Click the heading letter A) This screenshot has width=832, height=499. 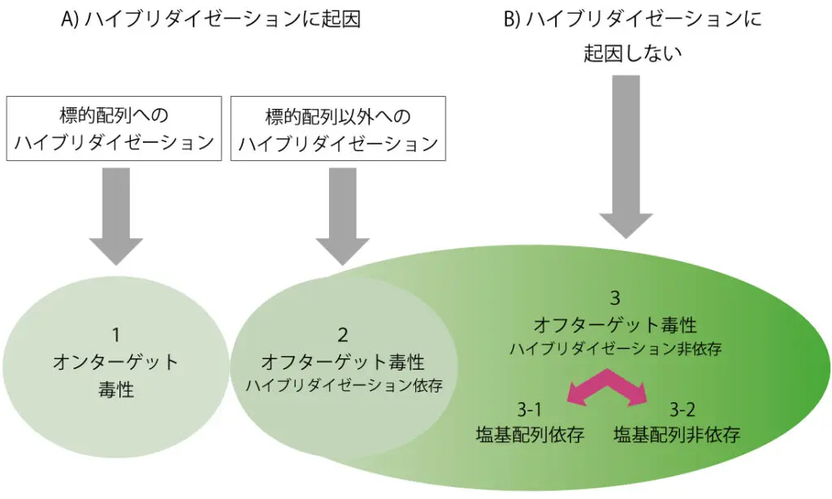tap(70, 19)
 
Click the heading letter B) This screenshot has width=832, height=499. tap(512, 19)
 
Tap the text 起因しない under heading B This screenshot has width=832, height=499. tap(632, 53)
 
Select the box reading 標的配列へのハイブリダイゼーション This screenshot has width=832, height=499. tap(114, 128)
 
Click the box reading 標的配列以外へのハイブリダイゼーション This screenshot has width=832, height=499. tap(338, 128)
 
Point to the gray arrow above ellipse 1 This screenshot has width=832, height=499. tap(116, 216)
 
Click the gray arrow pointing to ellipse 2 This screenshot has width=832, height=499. tap(343, 216)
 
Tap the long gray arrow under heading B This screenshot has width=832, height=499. tap(626, 157)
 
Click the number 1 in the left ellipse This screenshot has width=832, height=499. tap(116, 336)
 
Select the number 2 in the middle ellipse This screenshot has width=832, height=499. tap(343, 336)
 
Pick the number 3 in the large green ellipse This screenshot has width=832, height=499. tap(615, 297)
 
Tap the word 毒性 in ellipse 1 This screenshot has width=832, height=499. tap(116, 389)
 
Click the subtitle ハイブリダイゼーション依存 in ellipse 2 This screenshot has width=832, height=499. tap(344, 385)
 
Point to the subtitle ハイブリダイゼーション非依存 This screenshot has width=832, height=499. tap(616, 349)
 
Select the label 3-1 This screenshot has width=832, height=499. tap(530, 410)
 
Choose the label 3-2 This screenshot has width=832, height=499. tap(682, 410)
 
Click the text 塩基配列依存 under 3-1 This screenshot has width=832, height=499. tap(530, 435)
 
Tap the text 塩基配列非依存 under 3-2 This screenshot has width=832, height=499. tap(677, 435)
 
